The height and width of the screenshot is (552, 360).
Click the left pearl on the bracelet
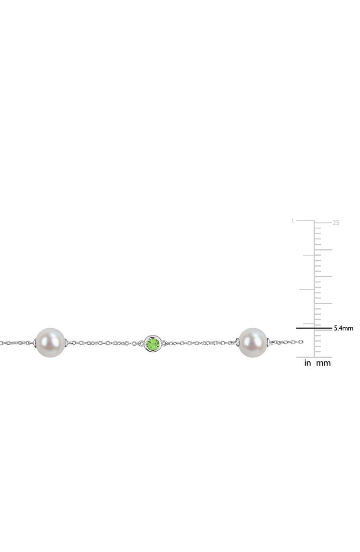click(x=50, y=342)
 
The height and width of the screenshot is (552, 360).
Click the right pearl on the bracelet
click(x=253, y=342)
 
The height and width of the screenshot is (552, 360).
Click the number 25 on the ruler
click(x=336, y=223)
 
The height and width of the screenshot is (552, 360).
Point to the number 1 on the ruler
click(x=293, y=221)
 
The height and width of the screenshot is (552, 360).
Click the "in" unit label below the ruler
click(x=308, y=363)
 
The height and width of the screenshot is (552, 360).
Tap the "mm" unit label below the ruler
click(x=324, y=363)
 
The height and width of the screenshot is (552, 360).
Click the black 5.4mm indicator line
click(x=314, y=328)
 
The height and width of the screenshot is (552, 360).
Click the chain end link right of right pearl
click(x=300, y=342)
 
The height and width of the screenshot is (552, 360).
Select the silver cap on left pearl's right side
click(x=66, y=342)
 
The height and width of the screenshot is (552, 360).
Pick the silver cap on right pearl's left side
click(x=237, y=342)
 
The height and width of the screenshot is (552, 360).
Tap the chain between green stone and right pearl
click(x=201, y=343)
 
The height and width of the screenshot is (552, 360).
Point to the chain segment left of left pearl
click(x=16, y=343)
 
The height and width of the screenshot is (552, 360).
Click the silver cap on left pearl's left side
click(x=34, y=343)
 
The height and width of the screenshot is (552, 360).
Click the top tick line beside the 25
click(x=323, y=223)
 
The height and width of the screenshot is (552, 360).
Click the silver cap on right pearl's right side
click(x=269, y=342)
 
